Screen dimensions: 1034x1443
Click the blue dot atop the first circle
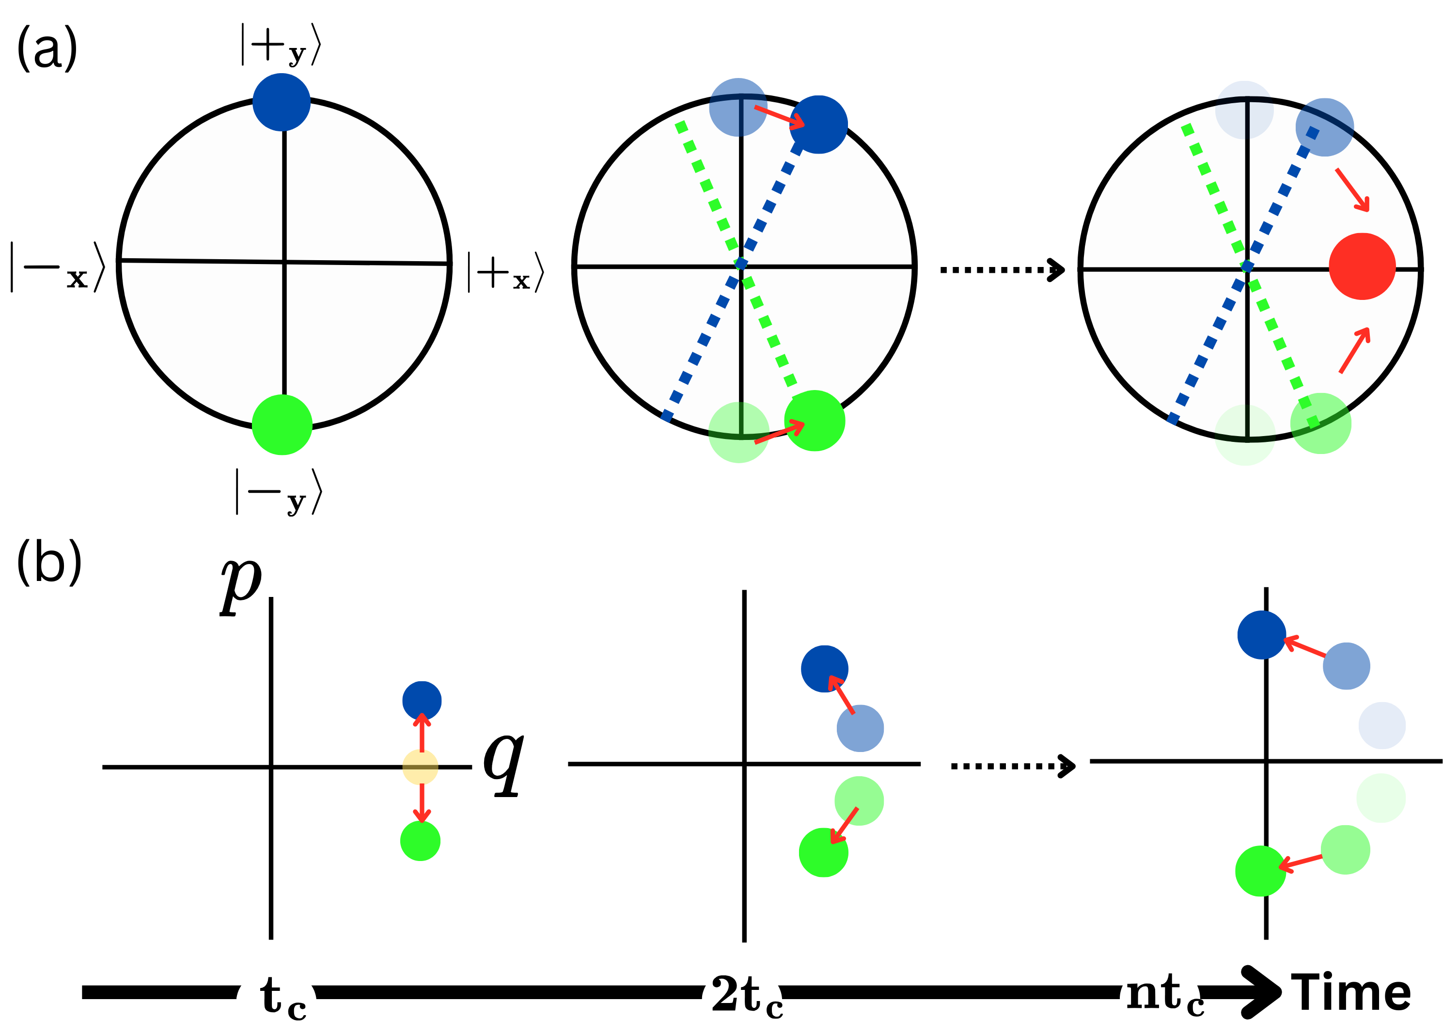click(x=281, y=102)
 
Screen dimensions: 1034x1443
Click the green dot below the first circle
click(x=282, y=424)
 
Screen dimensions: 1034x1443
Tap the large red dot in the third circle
click(x=1362, y=266)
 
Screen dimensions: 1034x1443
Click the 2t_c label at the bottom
click(x=742, y=1000)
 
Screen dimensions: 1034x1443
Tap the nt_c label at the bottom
click(x=1159, y=998)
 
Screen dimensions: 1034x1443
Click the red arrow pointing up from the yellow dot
click(x=422, y=733)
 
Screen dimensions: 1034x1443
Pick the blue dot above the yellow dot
click(x=422, y=701)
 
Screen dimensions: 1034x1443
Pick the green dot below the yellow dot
click(x=421, y=841)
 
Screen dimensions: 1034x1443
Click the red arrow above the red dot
click(x=1352, y=189)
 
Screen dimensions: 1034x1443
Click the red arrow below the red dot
click(x=1354, y=350)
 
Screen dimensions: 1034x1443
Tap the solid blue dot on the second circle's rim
click(x=819, y=125)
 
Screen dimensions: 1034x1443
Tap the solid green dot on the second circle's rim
click(x=815, y=421)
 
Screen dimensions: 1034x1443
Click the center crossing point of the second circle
click(x=740, y=264)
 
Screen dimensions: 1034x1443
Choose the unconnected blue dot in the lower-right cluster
click(x=1382, y=725)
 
